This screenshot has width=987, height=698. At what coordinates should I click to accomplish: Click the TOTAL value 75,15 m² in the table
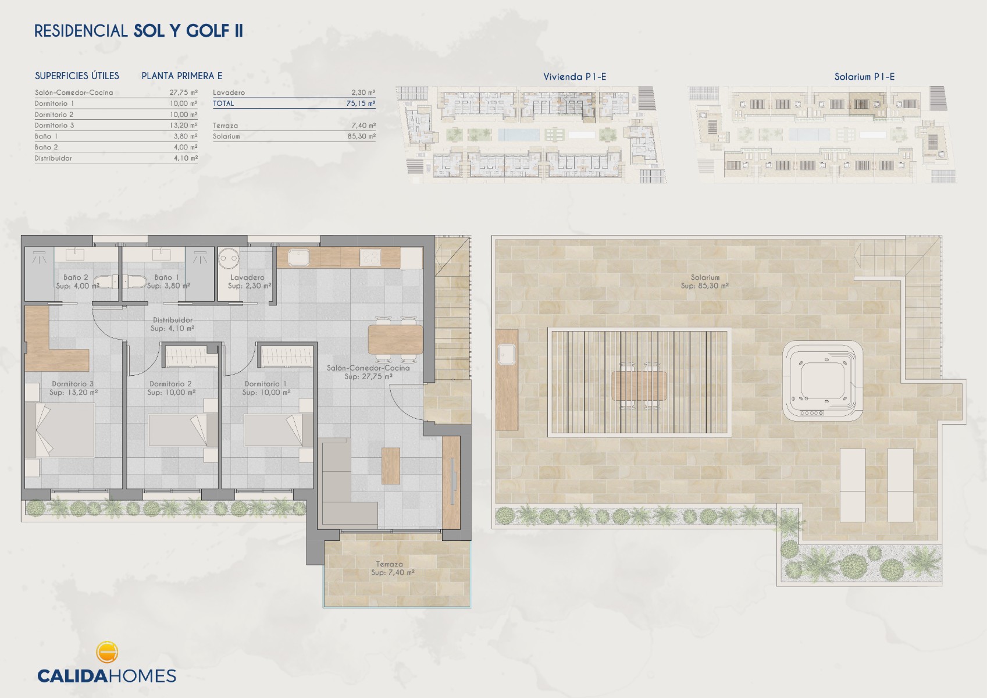[361, 104]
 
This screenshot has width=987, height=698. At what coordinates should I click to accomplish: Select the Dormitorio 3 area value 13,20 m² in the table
[183, 126]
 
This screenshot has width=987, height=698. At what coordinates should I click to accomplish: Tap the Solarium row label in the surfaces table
[226, 136]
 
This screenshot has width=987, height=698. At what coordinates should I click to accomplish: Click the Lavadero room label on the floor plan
[247, 277]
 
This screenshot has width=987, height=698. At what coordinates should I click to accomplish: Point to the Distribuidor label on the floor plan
[173, 320]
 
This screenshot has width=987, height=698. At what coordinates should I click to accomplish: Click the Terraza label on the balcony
[390, 564]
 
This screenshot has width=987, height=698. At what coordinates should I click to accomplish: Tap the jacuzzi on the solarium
[822, 381]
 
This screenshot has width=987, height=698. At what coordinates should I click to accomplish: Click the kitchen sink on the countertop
[299, 257]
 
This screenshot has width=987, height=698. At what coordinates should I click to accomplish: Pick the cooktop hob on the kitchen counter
[370, 257]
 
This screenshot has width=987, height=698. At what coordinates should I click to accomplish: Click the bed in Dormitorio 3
[60, 430]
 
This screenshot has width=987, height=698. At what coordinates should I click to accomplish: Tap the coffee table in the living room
[391, 466]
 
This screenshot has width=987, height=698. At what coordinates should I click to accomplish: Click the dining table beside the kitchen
[395, 339]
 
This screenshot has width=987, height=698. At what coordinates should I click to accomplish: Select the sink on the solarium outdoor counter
[507, 354]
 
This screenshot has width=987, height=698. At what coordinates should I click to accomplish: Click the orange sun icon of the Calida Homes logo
[106, 652]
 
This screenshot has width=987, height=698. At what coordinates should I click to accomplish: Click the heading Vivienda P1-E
[575, 77]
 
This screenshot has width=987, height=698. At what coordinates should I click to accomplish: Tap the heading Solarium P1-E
[864, 77]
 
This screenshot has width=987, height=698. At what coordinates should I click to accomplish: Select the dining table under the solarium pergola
[639, 386]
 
